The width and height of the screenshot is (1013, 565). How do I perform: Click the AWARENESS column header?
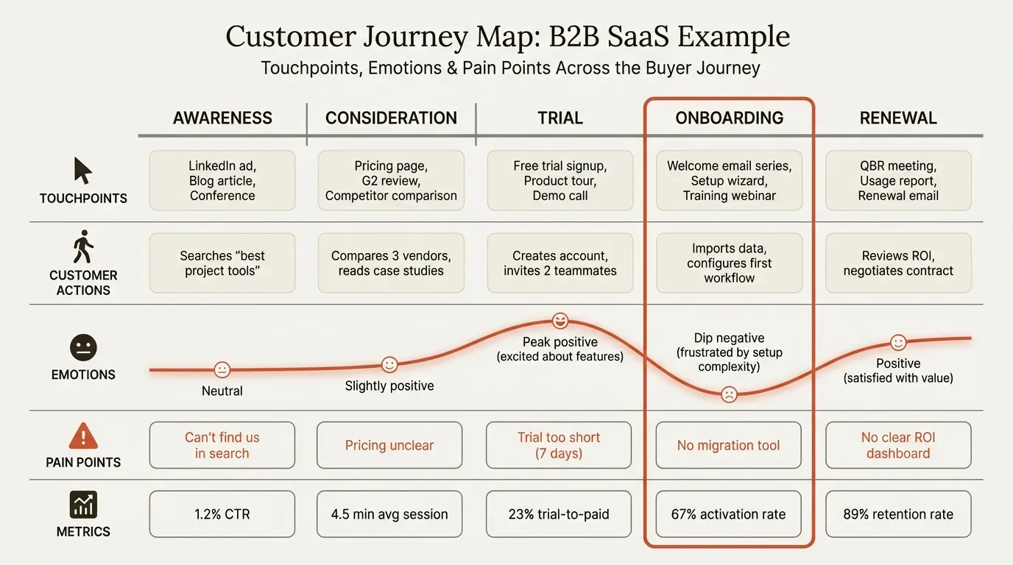pos(222,118)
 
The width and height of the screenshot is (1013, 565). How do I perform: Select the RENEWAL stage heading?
pos(898,118)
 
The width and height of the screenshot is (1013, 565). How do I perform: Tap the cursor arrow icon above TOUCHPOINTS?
pos(83,171)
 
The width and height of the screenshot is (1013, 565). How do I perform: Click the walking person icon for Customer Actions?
pos(83,247)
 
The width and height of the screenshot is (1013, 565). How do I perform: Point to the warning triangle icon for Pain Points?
pos(83,436)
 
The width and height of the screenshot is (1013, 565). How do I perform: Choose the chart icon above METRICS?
pos(83,505)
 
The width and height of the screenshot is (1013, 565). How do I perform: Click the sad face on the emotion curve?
pos(729,394)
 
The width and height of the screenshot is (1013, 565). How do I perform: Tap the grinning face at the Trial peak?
pos(560,321)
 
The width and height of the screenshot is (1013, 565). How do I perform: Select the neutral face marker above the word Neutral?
pos(222,370)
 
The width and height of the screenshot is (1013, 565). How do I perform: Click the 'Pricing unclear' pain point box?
pos(389,445)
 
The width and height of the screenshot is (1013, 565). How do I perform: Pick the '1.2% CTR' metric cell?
pos(222,514)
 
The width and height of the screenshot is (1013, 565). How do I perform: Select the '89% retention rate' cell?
pos(898,514)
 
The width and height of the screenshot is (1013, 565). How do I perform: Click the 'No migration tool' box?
pos(728,445)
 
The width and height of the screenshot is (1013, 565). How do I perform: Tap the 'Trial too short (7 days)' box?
pos(559,445)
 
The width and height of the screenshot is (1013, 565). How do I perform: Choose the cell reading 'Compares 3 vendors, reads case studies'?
pos(391,263)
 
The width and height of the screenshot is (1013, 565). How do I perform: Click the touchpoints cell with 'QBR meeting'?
pos(898,181)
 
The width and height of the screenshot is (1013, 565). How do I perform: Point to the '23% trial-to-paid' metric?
pos(559,514)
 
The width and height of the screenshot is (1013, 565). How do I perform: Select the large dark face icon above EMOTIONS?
pos(83,348)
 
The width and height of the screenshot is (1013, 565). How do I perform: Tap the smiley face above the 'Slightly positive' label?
pos(389,364)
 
